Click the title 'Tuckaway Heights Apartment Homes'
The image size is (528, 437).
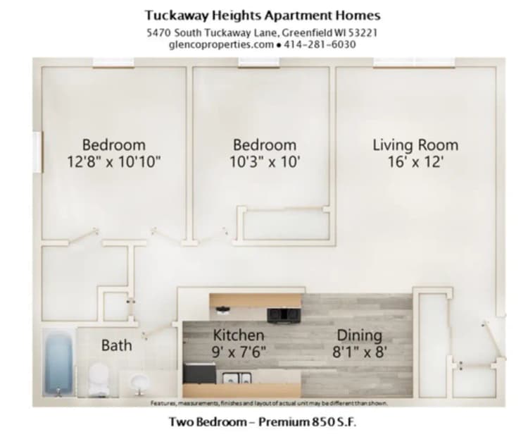pos(263,15)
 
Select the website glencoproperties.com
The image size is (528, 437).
pos(220,44)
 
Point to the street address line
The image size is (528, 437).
pos(263,32)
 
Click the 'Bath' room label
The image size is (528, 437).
pos(116,345)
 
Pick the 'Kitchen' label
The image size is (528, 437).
pos(239,335)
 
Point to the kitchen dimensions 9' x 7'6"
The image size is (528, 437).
pos(239,352)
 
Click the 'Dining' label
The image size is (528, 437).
pos(359,335)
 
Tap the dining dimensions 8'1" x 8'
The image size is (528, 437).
pos(359,352)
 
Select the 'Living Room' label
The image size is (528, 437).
pos(415,145)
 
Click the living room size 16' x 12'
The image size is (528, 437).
pos(415,162)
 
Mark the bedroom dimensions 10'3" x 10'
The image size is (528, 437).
pos(265,162)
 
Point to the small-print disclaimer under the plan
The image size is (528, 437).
pos(269,404)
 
